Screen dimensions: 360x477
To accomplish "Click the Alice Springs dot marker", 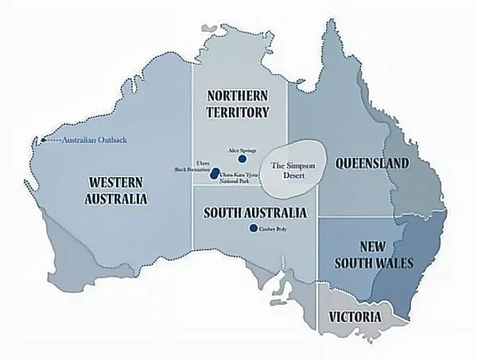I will click(x=231, y=159).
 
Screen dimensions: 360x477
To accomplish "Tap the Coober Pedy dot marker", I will click(x=254, y=228).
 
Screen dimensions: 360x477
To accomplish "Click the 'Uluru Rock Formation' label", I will click(x=192, y=166).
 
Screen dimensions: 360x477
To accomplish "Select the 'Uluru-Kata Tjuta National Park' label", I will click(x=239, y=175).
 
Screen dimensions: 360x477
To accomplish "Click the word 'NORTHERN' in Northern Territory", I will click(x=238, y=95).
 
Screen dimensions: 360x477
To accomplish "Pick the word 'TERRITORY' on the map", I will click(x=238, y=112).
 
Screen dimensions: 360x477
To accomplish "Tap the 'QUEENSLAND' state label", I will click(x=372, y=164).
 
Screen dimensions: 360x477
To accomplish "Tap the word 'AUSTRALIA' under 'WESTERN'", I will click(x=116, y=199).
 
